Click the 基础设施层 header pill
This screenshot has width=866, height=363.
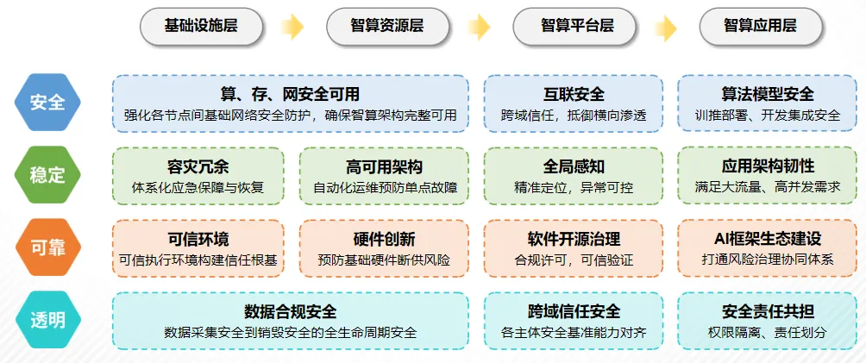coord(201,26)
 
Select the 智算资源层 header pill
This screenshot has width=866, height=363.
coord(387,26)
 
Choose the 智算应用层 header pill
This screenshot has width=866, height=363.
coord(760,26)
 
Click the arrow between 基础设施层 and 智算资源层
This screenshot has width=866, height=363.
coord(293,27)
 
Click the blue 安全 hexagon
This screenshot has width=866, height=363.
coord(47,103)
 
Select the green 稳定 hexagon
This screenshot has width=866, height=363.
coord(47,175)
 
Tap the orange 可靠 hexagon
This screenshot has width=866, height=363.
coord(47,248)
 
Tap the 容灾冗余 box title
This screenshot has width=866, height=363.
coord(198,166)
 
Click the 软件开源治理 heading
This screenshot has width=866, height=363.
coord(574,239)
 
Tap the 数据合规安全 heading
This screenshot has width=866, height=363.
coord(290,311)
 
